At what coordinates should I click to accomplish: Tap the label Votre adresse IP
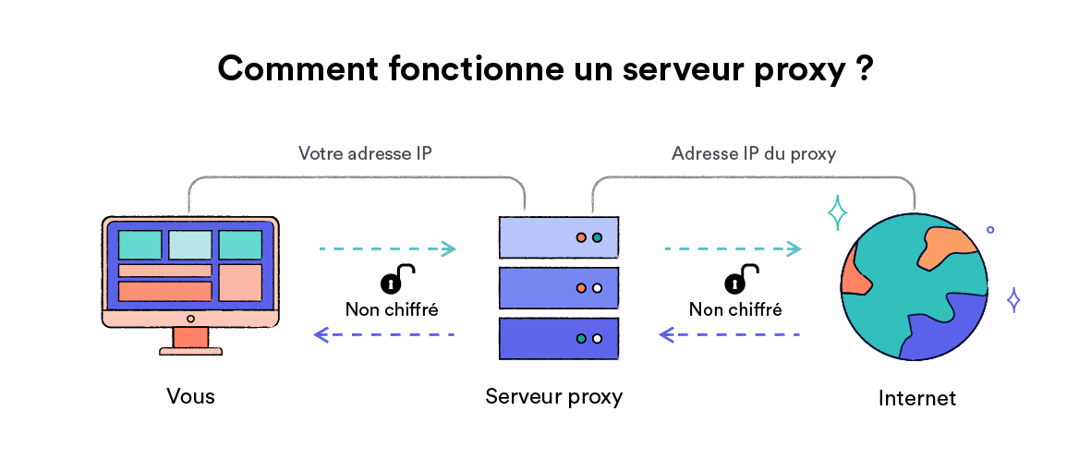365,153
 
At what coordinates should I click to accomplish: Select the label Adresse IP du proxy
754,153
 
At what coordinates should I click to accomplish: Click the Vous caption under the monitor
190,396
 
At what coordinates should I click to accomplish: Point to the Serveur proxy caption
553,396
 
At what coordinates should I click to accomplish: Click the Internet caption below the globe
916,398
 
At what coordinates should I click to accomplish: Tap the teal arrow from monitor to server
387,248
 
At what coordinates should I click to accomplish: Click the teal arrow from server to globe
733,248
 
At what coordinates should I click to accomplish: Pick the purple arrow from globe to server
730,334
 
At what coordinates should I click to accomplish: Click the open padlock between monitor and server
395,280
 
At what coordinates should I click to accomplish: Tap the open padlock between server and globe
740,280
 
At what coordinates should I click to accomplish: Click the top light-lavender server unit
558,237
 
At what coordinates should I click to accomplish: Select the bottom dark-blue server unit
558,339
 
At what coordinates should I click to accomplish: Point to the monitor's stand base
190,351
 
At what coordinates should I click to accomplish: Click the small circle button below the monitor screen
190,319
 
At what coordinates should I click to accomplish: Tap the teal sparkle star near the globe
837,212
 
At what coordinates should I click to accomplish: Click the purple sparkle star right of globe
1013,300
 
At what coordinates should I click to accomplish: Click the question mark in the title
864,70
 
